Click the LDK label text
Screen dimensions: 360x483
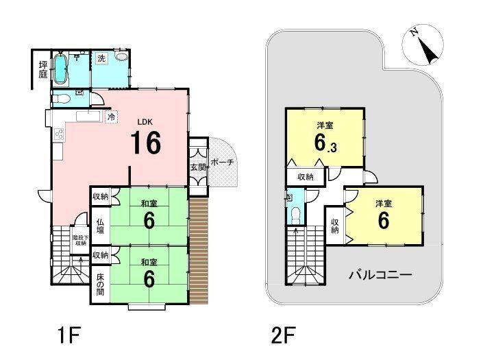click(145, 122)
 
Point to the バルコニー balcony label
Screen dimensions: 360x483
click(380, 276)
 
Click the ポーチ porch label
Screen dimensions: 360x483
click(222, 163)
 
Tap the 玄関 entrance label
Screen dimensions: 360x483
click(197, 167)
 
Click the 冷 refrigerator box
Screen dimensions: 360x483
click(111, 118)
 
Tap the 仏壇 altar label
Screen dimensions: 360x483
click(100, 226)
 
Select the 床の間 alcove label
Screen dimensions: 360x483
click(100, 284)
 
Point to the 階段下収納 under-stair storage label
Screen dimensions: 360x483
click(80, 239)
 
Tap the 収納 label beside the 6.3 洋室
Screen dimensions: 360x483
click(306, 177)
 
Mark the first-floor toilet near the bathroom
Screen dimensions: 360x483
click(62, 97)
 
